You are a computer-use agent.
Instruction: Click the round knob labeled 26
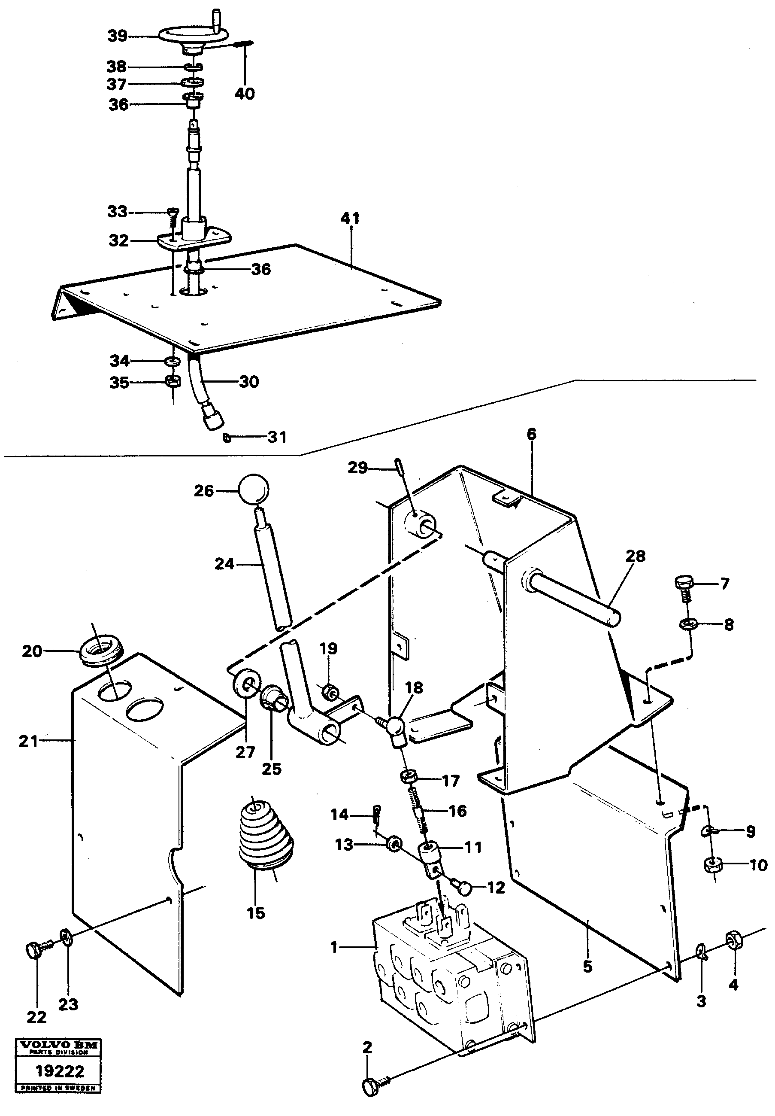(x=253, y=490)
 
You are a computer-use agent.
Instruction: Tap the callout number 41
(x=350, y=218)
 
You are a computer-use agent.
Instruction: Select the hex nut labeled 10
(x=712, y=865)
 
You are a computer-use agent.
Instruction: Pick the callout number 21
(x=27, y=742)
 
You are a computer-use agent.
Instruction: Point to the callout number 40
(x=244, y=93)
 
